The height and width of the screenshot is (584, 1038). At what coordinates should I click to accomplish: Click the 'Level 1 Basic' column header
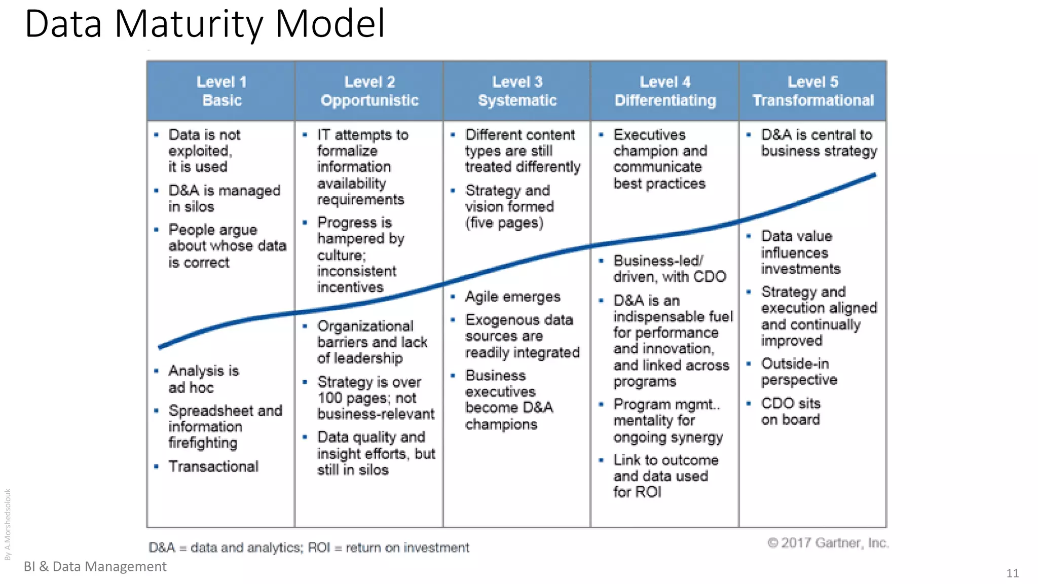pyautogui.click(x=221, y=91)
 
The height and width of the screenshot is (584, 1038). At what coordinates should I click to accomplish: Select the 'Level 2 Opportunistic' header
pyautogui.click(x=369, y=91)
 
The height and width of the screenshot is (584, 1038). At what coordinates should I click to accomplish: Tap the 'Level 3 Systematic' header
pyautogui.click(x=517, y=91)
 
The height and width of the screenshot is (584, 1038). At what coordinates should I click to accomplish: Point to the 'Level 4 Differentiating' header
pyautogui.click(x=665, y=91)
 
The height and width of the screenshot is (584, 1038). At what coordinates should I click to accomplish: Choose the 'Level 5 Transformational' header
pyautogui.click(x=813, y=91)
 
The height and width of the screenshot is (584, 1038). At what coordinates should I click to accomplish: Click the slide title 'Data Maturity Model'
pyautogui.click(x=205, y=24)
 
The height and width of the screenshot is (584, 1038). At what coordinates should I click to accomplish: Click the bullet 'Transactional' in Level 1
pyautogui.click(x=213, y=466)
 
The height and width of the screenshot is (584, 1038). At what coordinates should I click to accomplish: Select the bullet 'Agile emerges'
pyautogui.click(x=512, y=297)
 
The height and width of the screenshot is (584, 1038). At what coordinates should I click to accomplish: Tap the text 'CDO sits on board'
pyautogui.click(x=790, y=411)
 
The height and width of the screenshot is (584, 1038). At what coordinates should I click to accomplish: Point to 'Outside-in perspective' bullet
pyautogui.click(x=799, y=372)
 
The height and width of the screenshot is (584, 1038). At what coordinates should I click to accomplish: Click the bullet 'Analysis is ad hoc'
pyautogui.click(x=203, y=379)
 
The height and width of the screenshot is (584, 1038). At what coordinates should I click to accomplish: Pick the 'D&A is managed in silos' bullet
pyautogui.click(x=224, y=198)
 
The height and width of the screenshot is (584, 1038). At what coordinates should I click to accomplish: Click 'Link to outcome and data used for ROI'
pyautogui.click(x=665, y=476)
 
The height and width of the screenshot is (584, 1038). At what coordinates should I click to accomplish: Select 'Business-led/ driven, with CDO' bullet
pyautogui.click(x=669, y=269)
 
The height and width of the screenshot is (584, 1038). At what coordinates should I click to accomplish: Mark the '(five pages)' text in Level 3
pyautogui.click(x=504, y=223)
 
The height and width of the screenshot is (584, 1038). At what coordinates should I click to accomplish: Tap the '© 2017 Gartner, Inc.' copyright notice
pyautogui.click(x=828, y=543)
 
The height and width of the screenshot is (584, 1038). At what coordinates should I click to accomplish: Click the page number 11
pyautogui.click(x=1012, y=573)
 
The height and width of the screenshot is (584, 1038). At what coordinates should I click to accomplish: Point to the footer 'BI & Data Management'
pyautogui.click(x=95, y=566)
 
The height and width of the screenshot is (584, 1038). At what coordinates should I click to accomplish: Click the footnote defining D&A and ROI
pyautogui.click(x=309, y=547)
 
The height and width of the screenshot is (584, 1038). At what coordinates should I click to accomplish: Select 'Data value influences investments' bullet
pyautogui.click(x=800, y=252)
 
